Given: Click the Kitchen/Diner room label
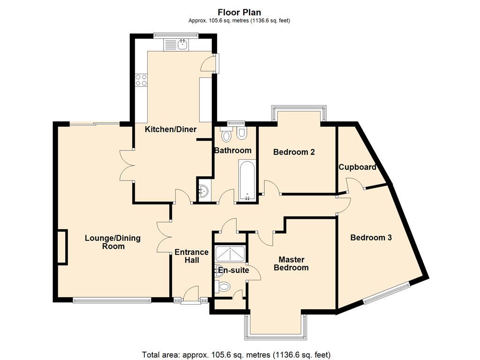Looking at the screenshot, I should point(170,129).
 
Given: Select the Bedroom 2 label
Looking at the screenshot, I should point(294,152).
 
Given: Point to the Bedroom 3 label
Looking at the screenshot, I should point(371,238).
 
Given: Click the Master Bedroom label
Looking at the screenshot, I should point(291,263).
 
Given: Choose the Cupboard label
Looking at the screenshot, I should point(357,167).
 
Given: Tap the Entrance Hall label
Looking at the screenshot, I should point(191,256).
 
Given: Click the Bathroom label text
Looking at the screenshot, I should point(232,150).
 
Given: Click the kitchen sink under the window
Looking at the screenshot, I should point(182,45).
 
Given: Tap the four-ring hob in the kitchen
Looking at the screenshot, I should point(141,81).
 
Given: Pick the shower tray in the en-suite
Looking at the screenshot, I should point(229,255).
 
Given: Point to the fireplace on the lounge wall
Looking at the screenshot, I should point(62,247).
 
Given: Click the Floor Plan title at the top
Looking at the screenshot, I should point(240,13).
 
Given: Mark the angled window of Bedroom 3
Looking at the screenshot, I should point(387,293).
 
